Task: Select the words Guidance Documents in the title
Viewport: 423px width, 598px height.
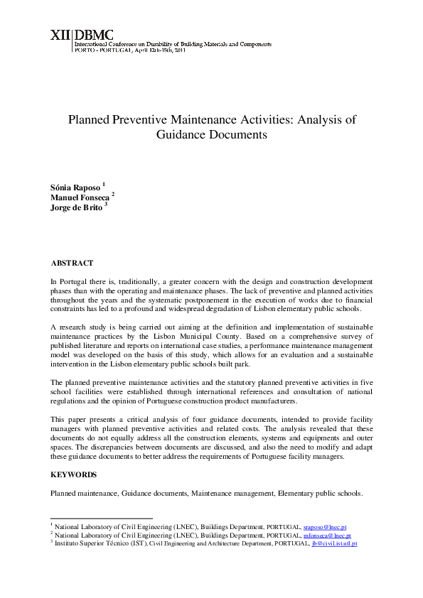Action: pos(211,134)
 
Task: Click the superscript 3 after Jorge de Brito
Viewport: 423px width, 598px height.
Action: pos(106,205)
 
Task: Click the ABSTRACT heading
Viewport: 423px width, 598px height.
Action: pos(71,263)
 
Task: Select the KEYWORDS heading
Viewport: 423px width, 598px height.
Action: pos(73,474)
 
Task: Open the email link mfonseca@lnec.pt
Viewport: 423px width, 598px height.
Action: pos(327,536)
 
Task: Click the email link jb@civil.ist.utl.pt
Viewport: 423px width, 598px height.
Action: pos(334,543)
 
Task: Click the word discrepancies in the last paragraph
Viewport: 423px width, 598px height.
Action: pos(97,447)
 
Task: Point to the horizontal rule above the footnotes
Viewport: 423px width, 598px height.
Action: pos(101,519)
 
